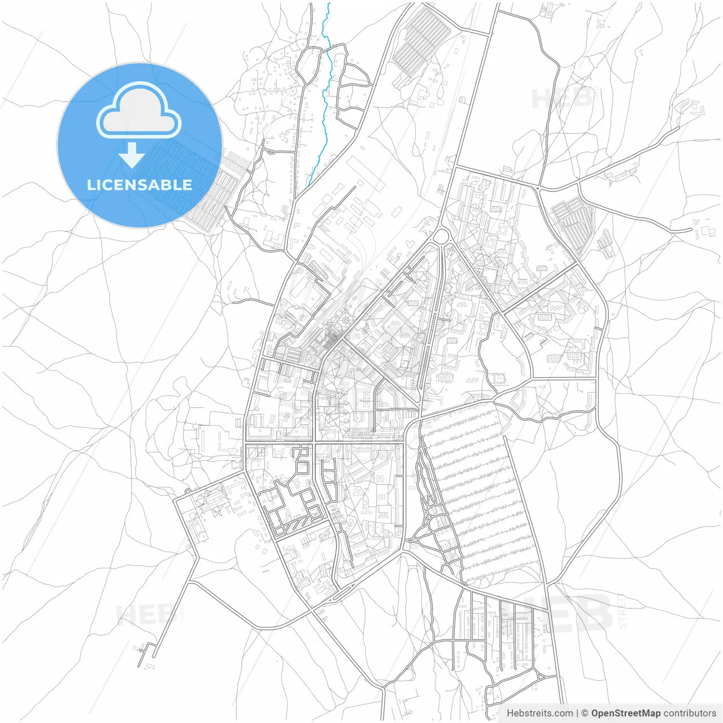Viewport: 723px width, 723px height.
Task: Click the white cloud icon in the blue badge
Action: tap(139, 110)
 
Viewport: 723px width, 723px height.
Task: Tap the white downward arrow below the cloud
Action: tap(132, 155)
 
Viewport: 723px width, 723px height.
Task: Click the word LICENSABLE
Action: tap(139, 185)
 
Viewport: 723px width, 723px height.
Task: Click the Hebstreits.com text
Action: tap(539, 713)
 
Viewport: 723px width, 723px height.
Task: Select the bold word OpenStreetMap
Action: tap(625, 713)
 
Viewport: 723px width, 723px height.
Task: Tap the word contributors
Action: tap(689, 713)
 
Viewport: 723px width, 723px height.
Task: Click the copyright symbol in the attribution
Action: tap(585, 713)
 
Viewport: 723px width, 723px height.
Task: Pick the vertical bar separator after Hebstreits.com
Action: tap(577, 713)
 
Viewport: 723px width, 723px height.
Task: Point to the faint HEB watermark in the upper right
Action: tap(562, 99)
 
